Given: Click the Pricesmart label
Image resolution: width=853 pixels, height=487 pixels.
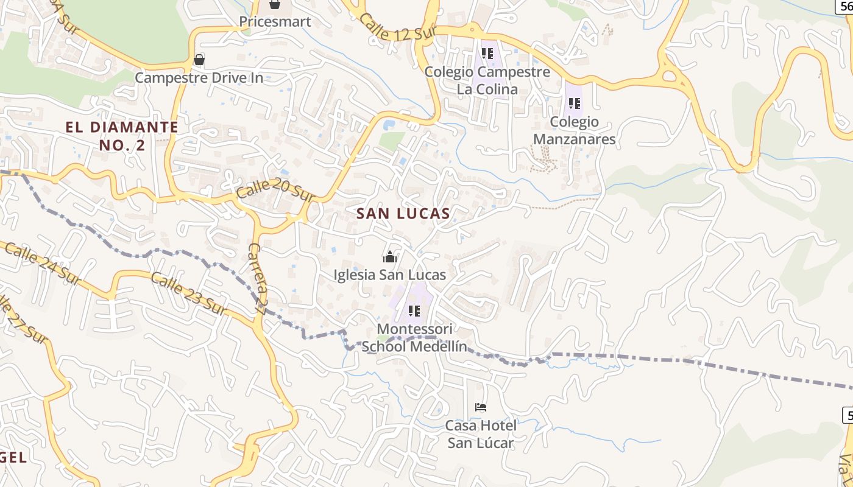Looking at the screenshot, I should click(x=275, y=22).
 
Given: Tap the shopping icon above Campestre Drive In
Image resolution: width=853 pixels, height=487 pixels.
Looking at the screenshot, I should click(x=199, y=60).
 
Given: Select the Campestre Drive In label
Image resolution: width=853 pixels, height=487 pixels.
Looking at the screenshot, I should click(x=199, y=78).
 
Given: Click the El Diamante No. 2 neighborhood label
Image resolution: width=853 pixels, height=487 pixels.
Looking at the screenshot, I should click(x=122, y=136).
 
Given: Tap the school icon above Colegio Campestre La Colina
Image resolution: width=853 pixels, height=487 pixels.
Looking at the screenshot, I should click(x=487, y=54).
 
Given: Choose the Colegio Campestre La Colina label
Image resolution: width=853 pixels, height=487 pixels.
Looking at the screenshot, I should click(x=487, y=80).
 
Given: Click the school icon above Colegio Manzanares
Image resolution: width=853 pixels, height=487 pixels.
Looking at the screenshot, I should click(x=574, y=104).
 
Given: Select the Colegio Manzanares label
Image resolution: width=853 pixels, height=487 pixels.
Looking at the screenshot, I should click(x=574, y=130).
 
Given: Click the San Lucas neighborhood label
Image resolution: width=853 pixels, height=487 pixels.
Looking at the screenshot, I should click(x=403, y=214).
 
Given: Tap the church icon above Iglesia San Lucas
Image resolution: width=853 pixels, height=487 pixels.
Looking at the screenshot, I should click(x=390, y=257).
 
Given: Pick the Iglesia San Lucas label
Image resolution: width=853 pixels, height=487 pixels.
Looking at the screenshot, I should click(x=390, y=275).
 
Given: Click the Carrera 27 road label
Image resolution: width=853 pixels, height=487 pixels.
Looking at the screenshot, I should click(x=258, y=278).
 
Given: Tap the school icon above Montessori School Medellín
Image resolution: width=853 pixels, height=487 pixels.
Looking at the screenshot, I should click(x=414, y=312).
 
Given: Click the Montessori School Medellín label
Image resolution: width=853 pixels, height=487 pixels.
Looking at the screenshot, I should click(x=414, y=338).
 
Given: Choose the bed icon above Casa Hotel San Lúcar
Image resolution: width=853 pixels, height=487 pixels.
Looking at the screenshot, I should click(x=481, y=407).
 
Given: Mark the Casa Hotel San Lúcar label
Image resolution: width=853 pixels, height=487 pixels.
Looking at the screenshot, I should click(x=481, y=433).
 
